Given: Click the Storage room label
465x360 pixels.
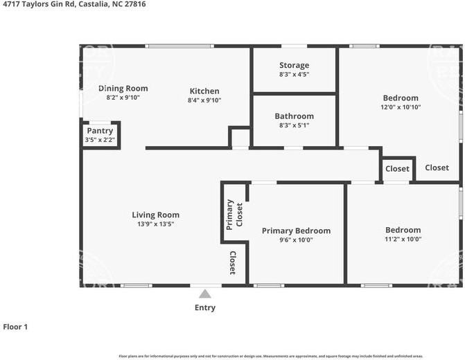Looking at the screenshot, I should pyautogui.click(x=294, y=65).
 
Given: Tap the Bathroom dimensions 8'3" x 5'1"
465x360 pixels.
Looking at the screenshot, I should pyautogui.click(x=294, y=125).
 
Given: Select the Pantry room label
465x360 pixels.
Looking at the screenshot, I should pyautogui.click(x=100, y=131).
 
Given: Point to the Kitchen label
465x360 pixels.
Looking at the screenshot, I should pyautogui.click(x=204, y=91).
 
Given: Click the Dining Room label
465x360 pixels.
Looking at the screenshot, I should pyautogui.click(x=123, y=88).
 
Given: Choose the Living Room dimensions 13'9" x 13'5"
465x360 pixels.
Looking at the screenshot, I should pyautogui.click(x=155, y=224).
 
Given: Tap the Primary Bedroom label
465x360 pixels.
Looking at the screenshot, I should pyautogui.click(x=296, y=231).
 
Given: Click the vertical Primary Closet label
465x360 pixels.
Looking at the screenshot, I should pyautogui.click(x=235, y=214).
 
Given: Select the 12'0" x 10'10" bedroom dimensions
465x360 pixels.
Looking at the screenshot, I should pyautogui.click(x=401, y=107).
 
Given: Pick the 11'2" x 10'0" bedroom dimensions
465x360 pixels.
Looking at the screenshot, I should pyautogui.click(x=403, y=239).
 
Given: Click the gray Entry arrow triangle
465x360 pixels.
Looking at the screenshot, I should pyautogui.click(x=204, y=294).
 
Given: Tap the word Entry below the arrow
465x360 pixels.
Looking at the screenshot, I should pyautogui.click(x=205, y=307).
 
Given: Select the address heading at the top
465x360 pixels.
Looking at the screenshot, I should pyautogui.click(x=74, y=4).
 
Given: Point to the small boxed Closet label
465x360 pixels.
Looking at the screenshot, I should pyautogui.click(x=397, y=169).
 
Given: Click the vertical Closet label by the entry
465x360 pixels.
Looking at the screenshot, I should pyautogui.click(x=233, y=263).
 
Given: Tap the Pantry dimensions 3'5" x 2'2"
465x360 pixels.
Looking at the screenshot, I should pyautogui.click(x=100, y=140).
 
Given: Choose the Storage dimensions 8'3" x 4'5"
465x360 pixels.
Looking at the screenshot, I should pyautogui.click(x=294, y=74).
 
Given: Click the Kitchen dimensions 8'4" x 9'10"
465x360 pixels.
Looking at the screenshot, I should pyautogui.click(x=204, y=100).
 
